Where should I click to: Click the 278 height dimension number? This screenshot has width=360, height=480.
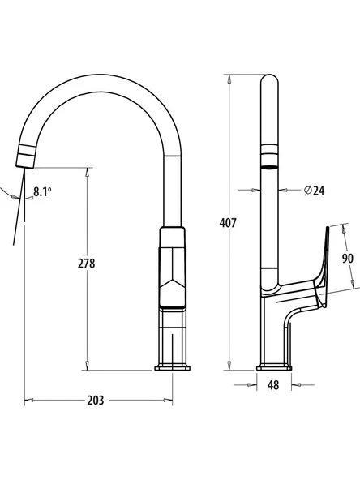click(x=86, y=264)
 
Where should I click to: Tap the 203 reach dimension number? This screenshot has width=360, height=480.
click(x=96, y=400)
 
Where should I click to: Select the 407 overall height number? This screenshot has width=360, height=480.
click(x=228, y=222)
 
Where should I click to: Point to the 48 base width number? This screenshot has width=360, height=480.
click(x=273, y=385)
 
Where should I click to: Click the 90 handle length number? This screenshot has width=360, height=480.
click(x=348, y=259)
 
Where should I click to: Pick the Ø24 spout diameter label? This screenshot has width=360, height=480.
click(x=314, y=191)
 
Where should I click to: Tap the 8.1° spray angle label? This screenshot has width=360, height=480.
click(x=42, y=192)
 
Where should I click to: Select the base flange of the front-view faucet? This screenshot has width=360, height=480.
click(x=173, y=367)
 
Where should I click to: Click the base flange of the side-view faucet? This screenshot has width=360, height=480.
click(x=274, y=367)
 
